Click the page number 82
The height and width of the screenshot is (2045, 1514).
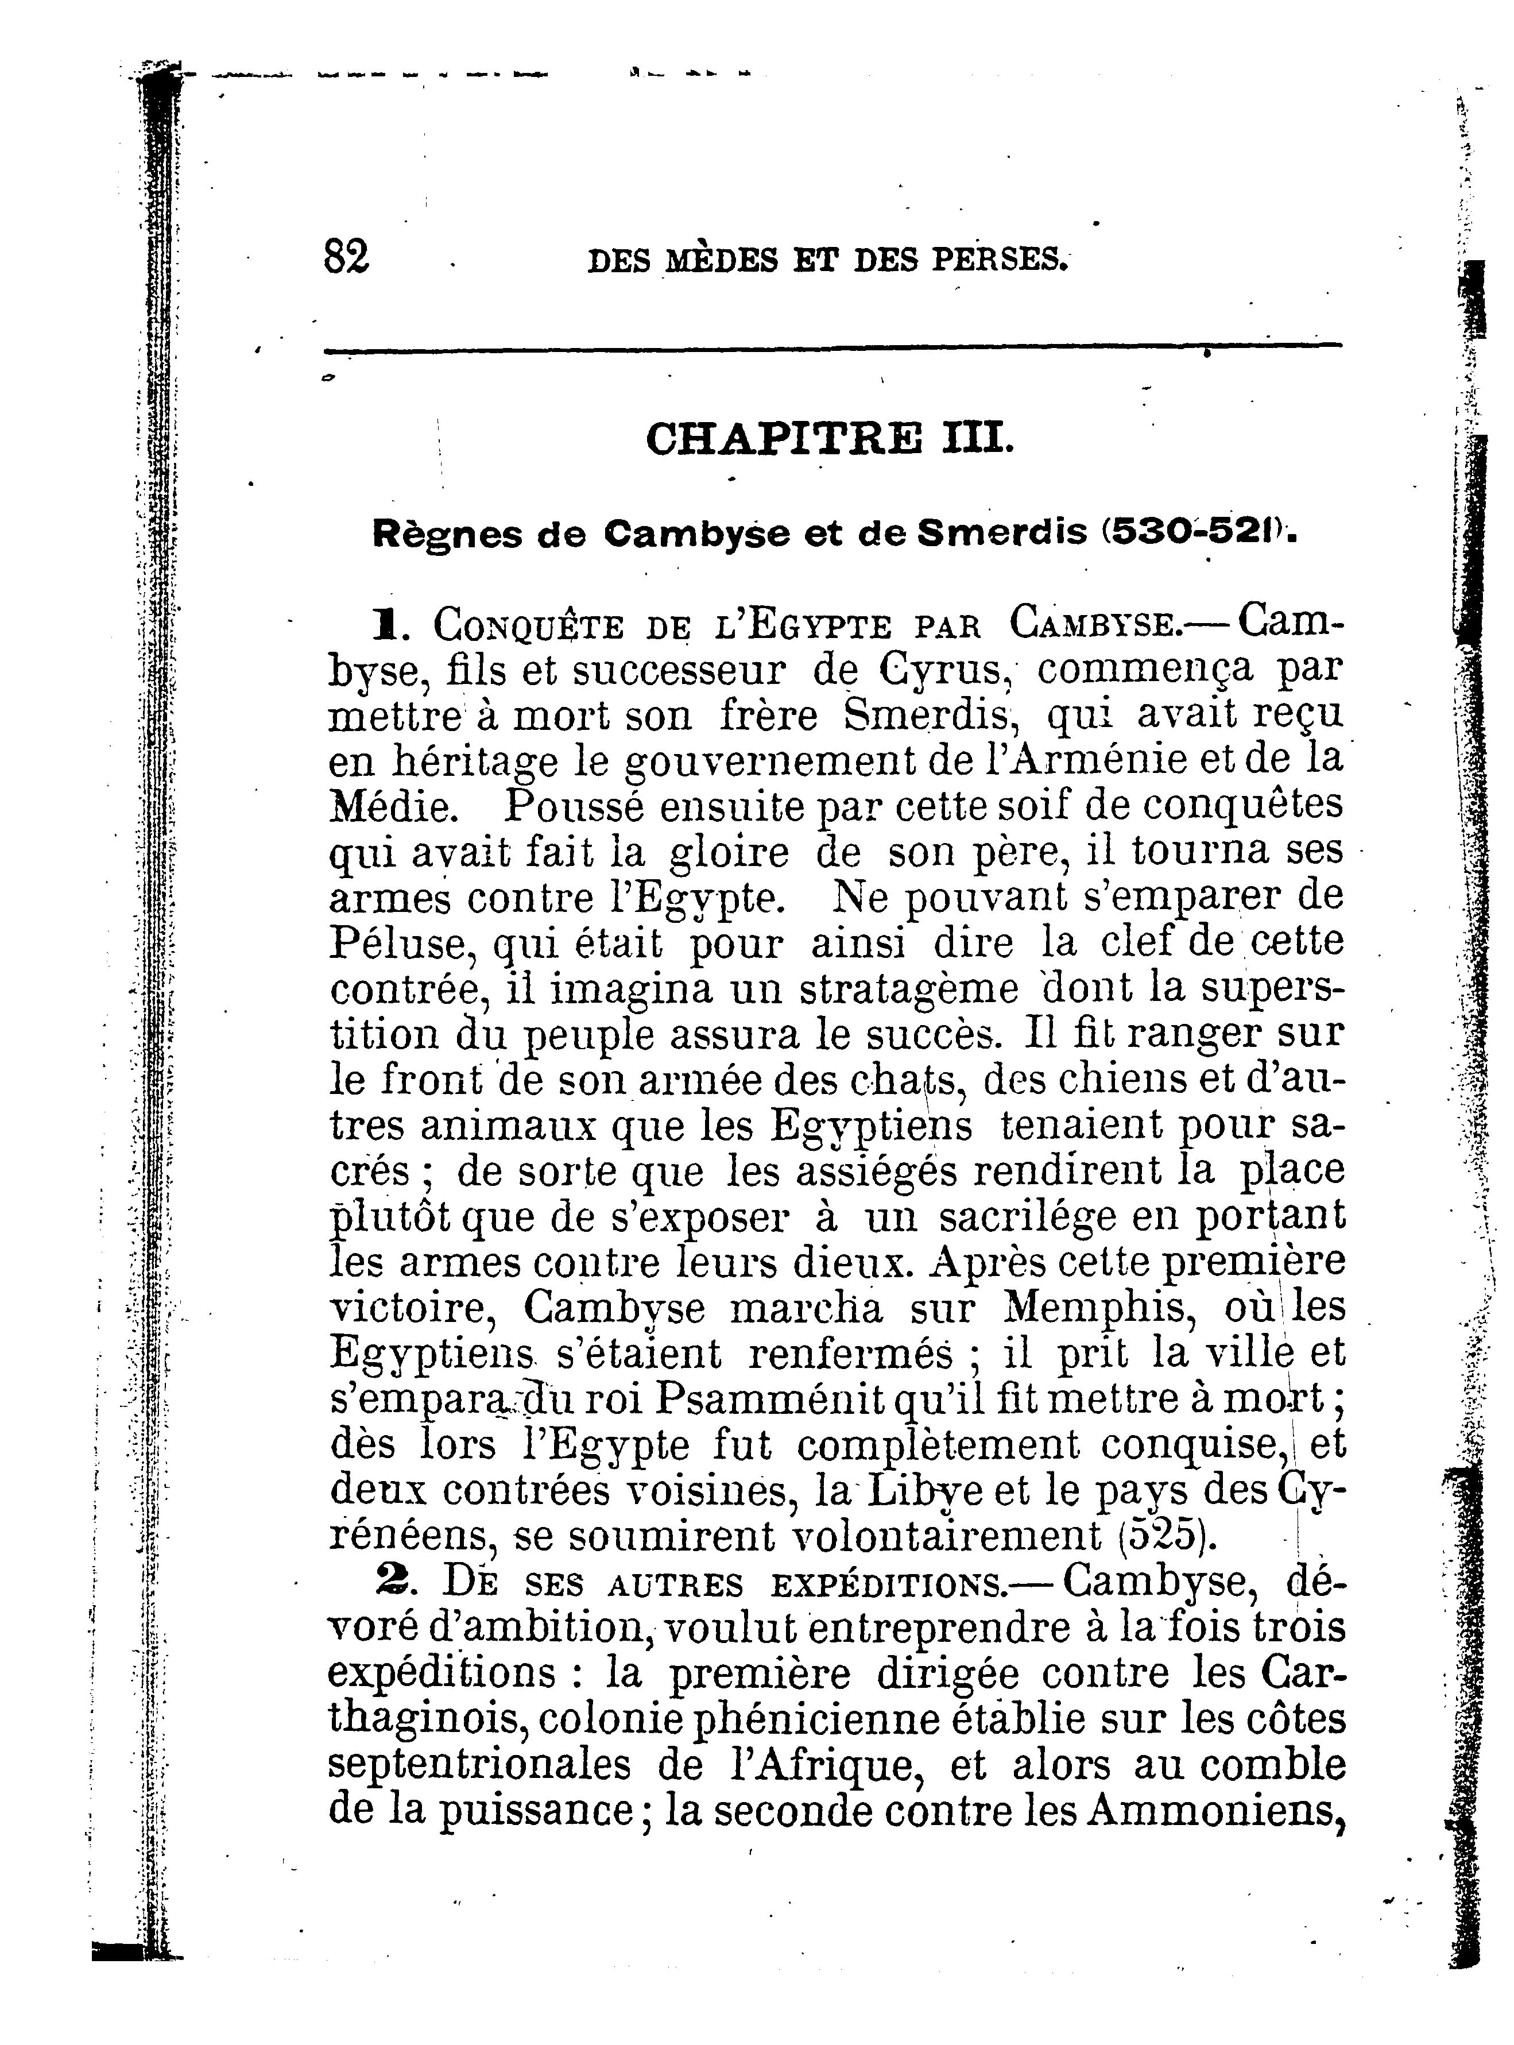pos(346,256)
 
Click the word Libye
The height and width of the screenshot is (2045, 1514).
pos(927,1490)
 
